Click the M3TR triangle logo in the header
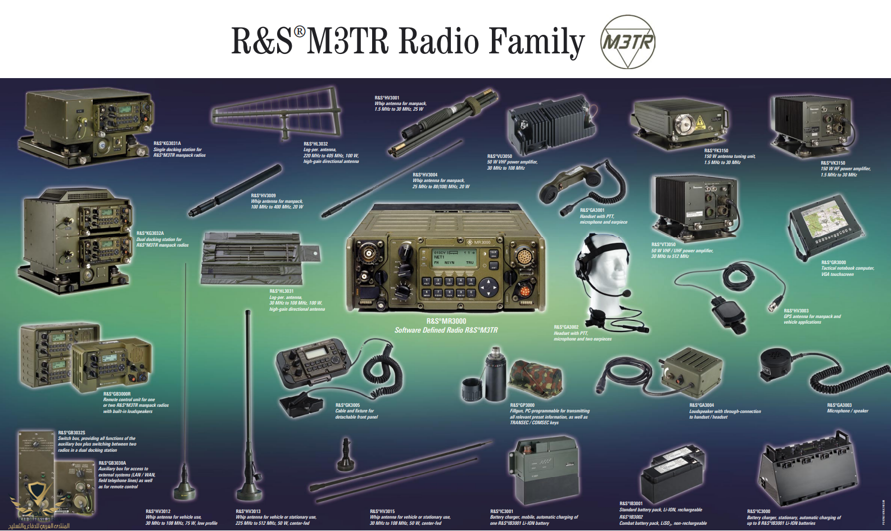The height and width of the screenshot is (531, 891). [x=627, y=42]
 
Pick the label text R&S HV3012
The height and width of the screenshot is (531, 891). [x=158, y=511]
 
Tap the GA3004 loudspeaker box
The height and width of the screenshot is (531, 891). [x=691, y=370]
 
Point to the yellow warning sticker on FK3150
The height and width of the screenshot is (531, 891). [x=699, y=122]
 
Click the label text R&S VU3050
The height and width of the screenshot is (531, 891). [x=499, y=156]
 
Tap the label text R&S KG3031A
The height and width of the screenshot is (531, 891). [x=168, y=143]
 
